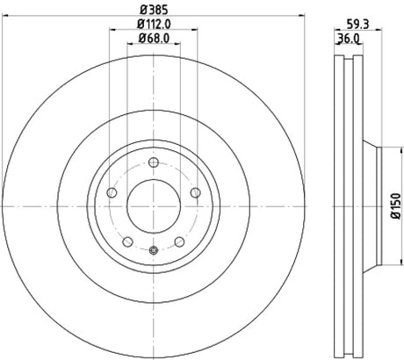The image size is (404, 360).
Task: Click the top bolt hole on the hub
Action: click(153, 162)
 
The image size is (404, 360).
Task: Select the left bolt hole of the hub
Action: click(112, 193)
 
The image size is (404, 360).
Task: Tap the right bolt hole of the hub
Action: click(194, 193)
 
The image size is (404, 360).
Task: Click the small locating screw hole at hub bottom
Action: click(153, 252)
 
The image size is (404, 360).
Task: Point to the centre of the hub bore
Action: click(153, 205)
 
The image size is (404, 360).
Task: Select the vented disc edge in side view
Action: click(348, 205)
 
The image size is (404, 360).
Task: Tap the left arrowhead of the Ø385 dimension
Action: click(5, 13)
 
